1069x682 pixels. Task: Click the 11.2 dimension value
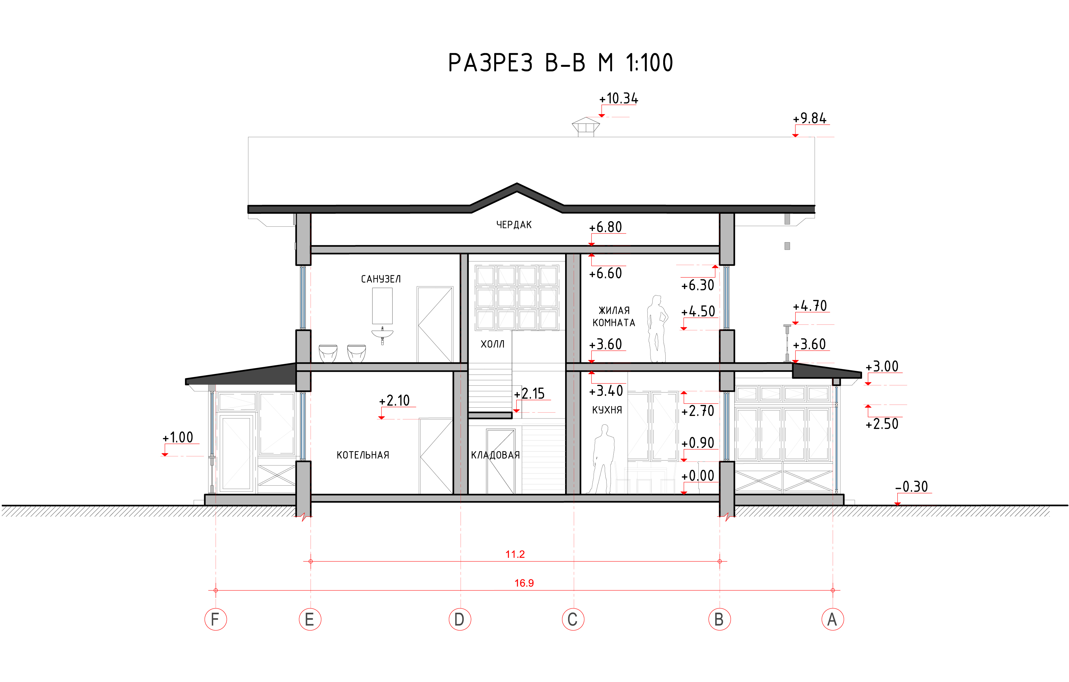coord(515,554)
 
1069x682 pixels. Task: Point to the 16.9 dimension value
coord(524,583)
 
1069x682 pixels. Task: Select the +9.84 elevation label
coord(810,118)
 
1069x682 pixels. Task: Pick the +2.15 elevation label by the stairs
coord(529,393)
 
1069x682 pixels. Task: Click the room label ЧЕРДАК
coord(514,225)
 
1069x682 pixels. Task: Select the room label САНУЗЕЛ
coord(380,279)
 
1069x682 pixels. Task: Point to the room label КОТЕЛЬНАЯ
coord(363,455)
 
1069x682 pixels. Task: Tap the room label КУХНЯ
coord(607,410)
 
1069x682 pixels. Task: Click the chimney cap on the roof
coord(586,127)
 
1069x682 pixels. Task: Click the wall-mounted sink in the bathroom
coord(382,336)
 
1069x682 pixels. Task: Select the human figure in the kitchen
coord(602,459)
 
